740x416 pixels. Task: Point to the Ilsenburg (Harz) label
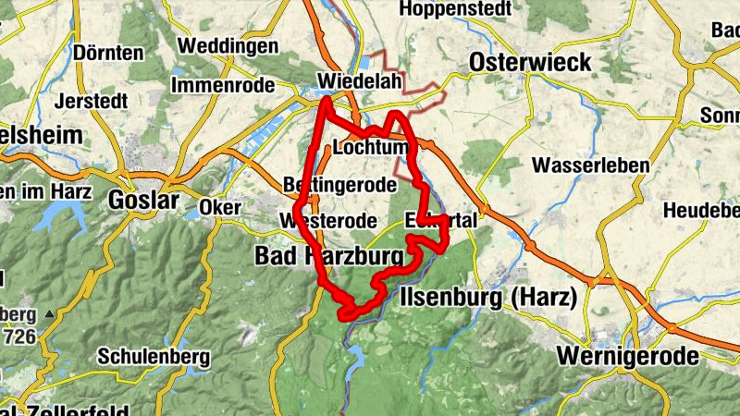(489, 298)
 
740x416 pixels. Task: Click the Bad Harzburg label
(329, 254)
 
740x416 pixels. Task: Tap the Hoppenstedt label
(456, 10)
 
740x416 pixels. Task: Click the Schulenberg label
(154, 356)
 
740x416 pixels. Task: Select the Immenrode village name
(223, 85)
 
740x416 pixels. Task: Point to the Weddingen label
(227, 45)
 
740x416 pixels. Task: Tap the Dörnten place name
(109, 52)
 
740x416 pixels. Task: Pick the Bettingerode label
(340, 185)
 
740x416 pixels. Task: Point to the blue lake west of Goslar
(57, 219)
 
